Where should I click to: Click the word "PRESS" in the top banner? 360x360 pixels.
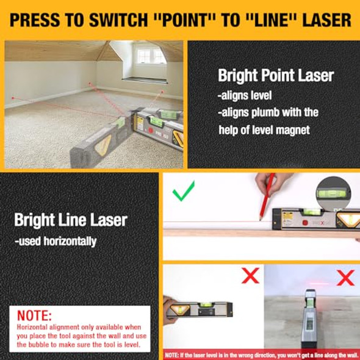37,20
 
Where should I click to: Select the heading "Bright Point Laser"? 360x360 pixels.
276,76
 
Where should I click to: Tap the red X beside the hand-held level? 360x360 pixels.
250,276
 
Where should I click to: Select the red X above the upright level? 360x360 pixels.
346,278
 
